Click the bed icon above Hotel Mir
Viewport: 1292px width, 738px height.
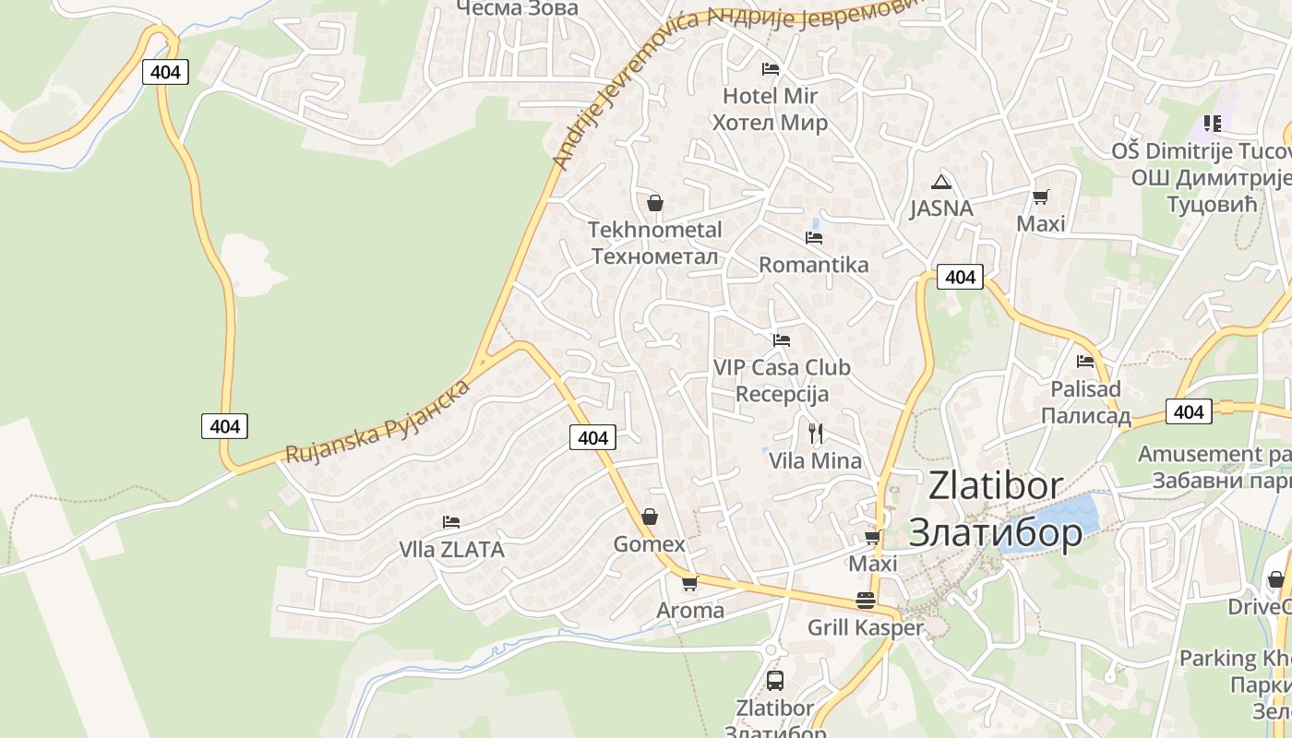tap(771, 69)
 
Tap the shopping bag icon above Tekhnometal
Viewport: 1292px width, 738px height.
tap(655, 203)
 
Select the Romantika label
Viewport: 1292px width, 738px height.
tap(813, 265)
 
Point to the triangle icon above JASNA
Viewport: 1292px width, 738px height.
tap(940, 182)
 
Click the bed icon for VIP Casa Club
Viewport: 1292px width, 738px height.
tap(782, 340)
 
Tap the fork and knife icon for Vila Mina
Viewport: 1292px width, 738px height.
tap(816, 434)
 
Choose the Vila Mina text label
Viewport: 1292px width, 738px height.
tap(816, 460)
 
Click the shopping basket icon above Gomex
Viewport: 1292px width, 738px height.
tap(650, 517)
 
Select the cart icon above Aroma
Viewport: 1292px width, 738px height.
tap(689, 583)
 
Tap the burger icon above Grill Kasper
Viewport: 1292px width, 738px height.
tap(865, 601)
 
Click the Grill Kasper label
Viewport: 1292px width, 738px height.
tap(865, 628)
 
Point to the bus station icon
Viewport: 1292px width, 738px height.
tap(775, 681)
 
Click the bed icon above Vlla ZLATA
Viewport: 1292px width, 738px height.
tap(451, 522)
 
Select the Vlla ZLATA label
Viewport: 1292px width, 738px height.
tap(451, 550)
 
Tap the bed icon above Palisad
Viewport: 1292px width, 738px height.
tap(1085, 362)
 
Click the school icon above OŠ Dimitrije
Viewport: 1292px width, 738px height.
tap(1213, 123)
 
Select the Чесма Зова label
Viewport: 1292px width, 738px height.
tap(517, 8)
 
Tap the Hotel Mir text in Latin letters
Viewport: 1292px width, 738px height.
tap(770, 96)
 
